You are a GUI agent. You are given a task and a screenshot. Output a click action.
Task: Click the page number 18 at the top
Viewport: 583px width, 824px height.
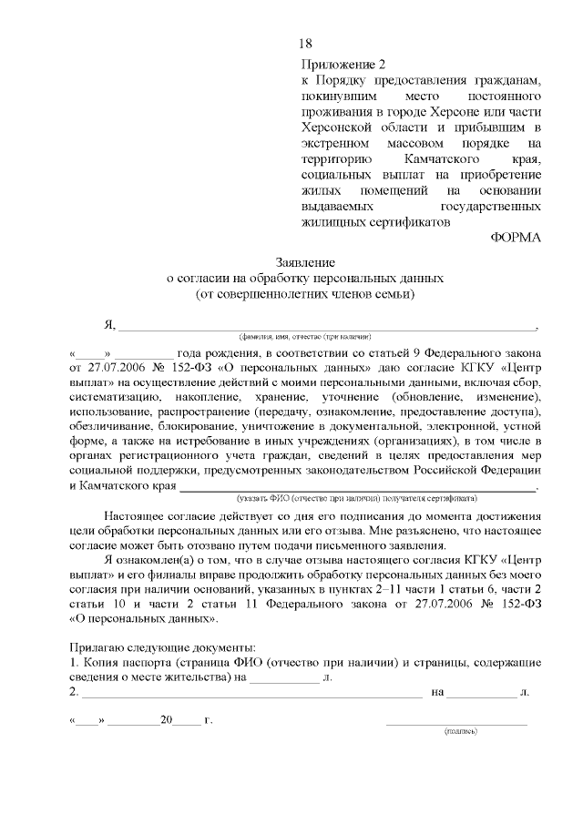(305, 43)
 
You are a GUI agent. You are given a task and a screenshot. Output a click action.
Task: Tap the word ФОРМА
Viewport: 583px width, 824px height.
(516, 239)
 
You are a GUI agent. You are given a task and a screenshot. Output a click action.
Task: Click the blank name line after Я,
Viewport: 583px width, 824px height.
(328, 327)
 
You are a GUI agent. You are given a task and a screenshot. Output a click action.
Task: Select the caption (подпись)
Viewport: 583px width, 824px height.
(457, 732)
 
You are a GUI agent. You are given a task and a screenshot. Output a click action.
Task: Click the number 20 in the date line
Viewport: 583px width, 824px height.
(167, 720)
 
